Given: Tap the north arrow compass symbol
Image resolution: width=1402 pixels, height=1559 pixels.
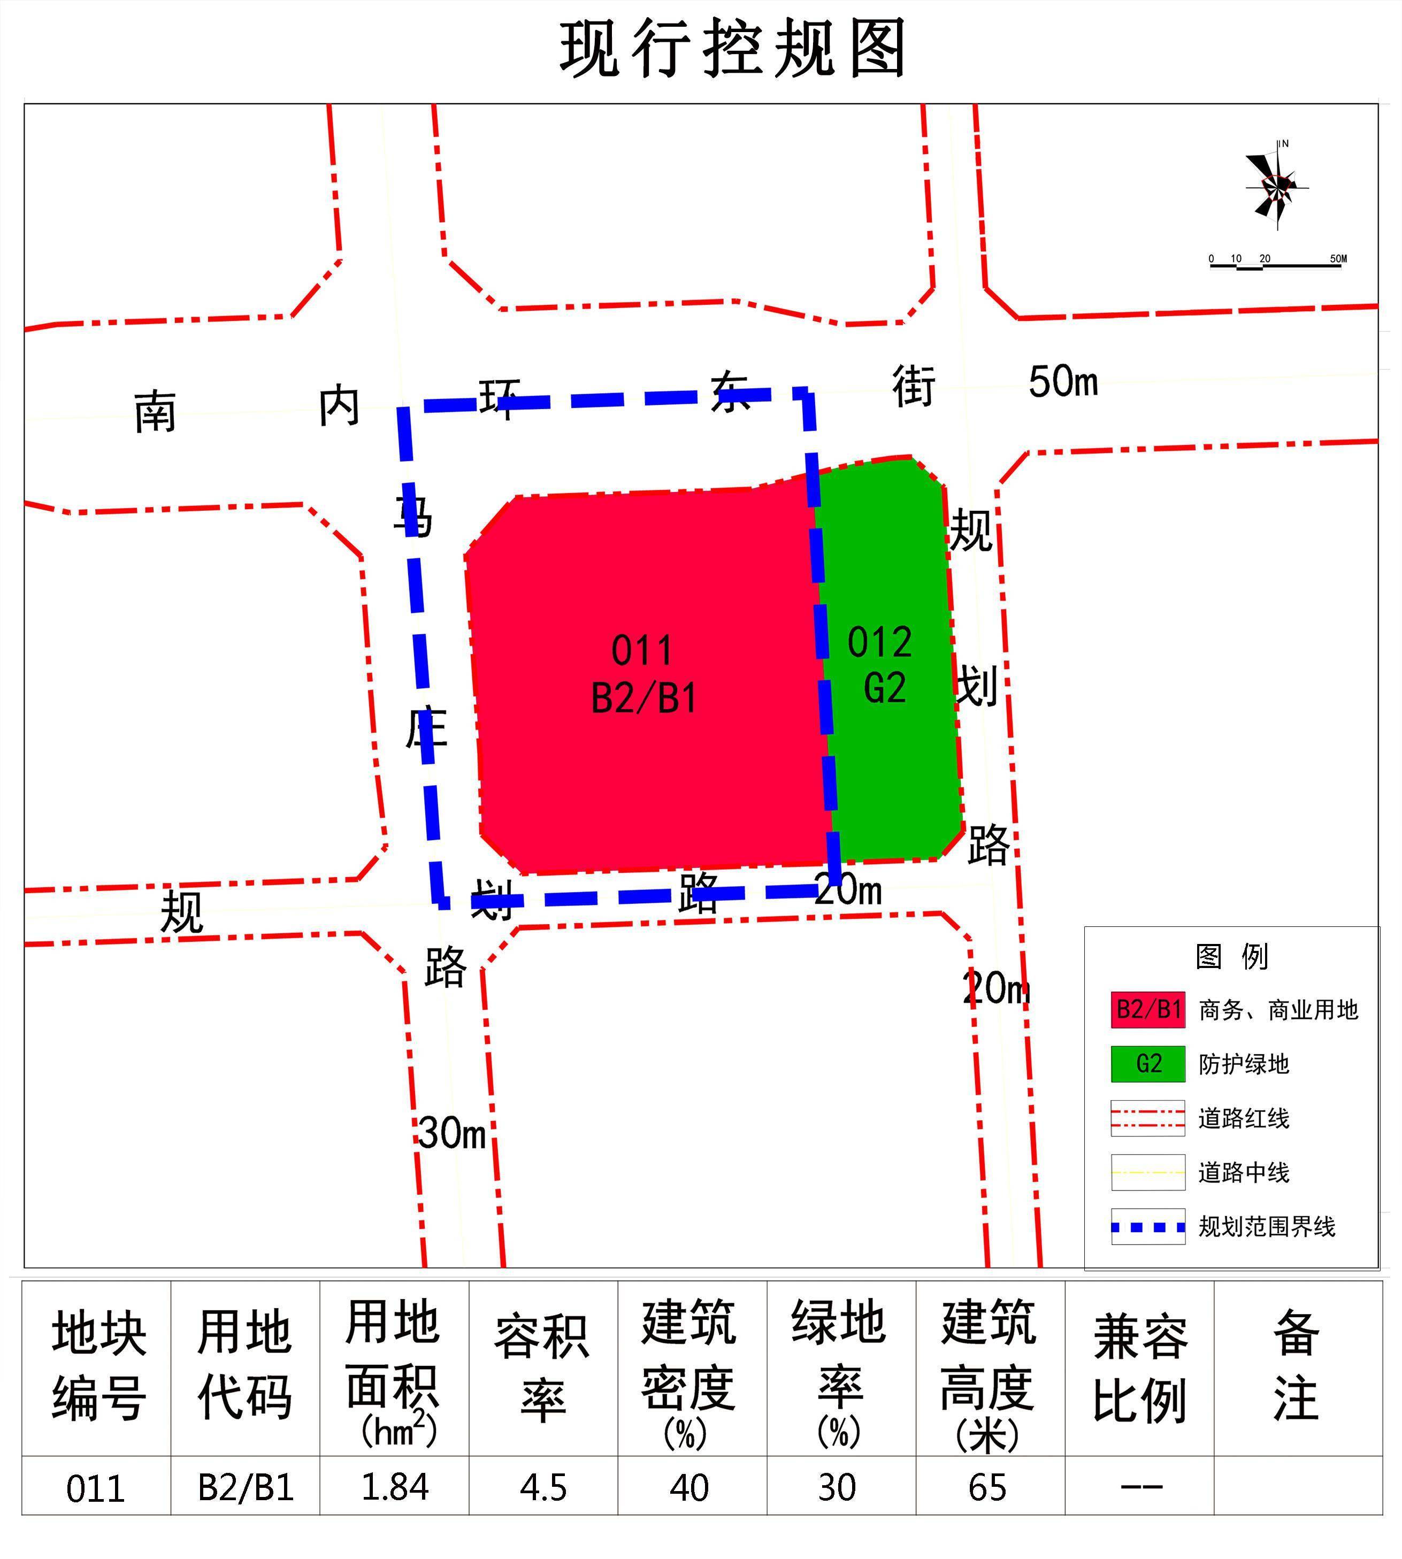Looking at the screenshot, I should point(1276,186).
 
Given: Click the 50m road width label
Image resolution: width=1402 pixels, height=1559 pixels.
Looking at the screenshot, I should point(1063,382).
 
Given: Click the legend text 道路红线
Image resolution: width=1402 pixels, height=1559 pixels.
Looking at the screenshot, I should point(1243,1118).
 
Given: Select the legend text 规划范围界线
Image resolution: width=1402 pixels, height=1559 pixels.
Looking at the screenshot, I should point(1267,1226).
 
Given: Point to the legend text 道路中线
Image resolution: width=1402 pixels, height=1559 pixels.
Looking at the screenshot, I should point(1243,1172).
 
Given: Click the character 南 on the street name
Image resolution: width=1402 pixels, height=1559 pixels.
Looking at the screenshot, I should point(155,412).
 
